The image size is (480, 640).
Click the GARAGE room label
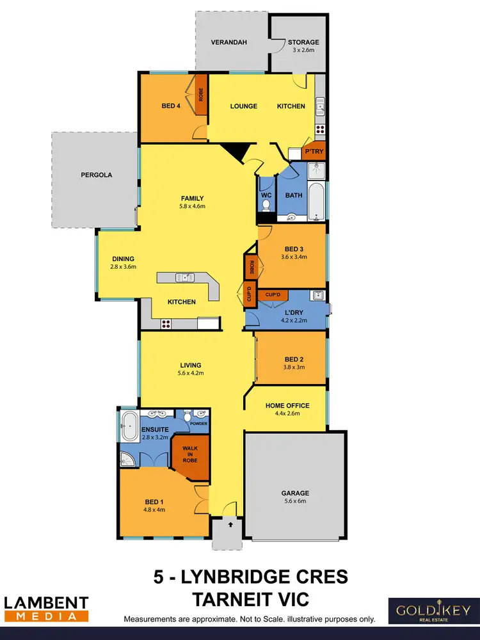[295, 493]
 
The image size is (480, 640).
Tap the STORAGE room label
[303, 43]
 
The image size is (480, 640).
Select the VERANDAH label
[229, 43]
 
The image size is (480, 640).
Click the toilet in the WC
[266, 205]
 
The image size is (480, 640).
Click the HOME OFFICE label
[287, 406]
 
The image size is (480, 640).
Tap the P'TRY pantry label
[314, 152]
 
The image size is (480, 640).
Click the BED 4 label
[170, 106]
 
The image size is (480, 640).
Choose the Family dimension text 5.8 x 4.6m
[192, 207]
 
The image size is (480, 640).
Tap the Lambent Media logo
[46, 609]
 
